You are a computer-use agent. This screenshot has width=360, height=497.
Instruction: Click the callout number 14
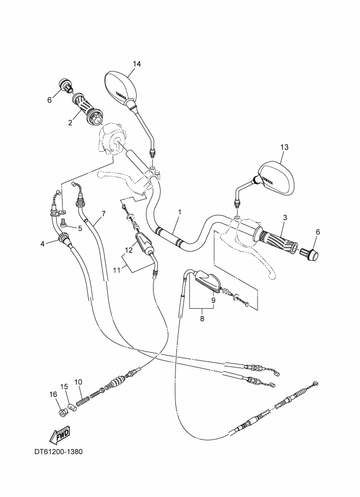click(136, 64)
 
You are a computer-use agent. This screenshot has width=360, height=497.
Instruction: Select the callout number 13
click(284, 147)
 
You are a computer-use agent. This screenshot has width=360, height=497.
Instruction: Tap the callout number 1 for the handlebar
click(179, 212)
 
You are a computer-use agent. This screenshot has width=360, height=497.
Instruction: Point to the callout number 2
click(70, 122)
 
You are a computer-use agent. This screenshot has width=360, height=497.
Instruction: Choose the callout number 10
click(78, 382)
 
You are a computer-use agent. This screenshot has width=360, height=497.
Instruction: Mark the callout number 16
click(53, 394)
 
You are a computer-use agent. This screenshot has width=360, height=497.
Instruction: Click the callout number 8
click(202, 319)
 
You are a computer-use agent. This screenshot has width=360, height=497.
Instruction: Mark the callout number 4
click(42, 243)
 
